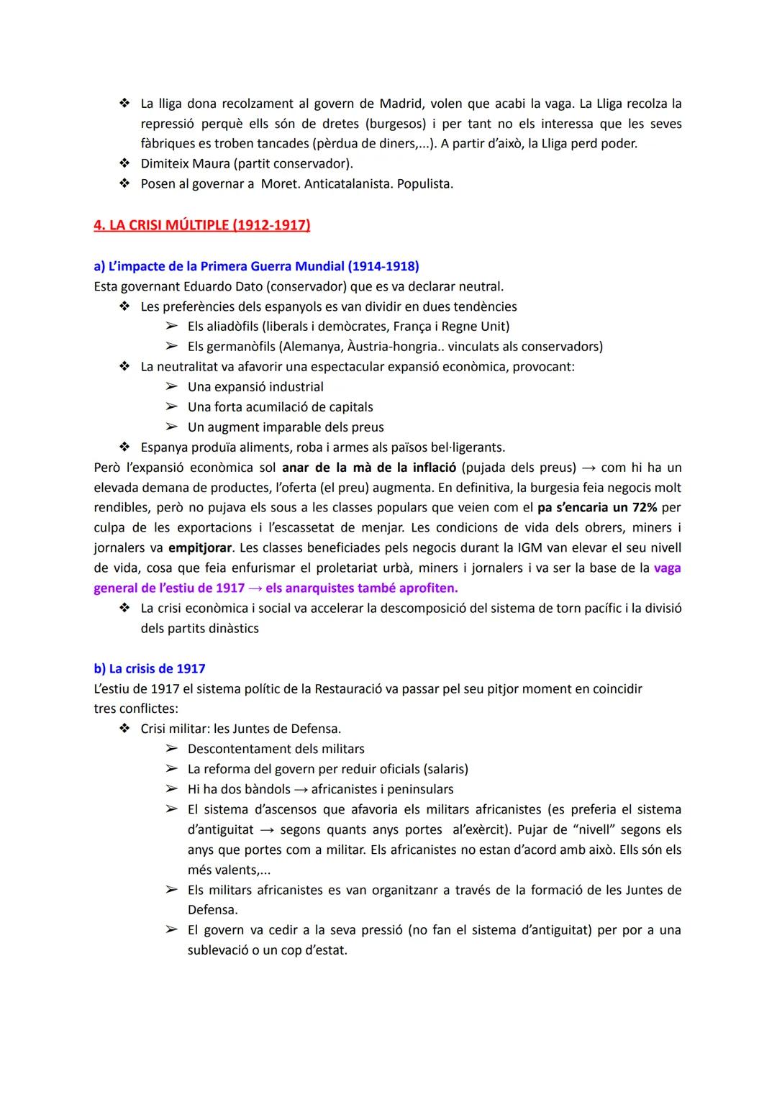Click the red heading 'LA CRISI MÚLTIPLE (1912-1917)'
pos(201,225)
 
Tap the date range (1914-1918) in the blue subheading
pos(383,266)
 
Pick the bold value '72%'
pos(645,507)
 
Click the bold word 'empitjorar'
pos(200,547)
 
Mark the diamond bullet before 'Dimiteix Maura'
pos(124,164)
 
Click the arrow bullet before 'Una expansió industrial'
pos(171,387)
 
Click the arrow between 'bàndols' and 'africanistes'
pos(300,789)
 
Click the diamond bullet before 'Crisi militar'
pos(124,729)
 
